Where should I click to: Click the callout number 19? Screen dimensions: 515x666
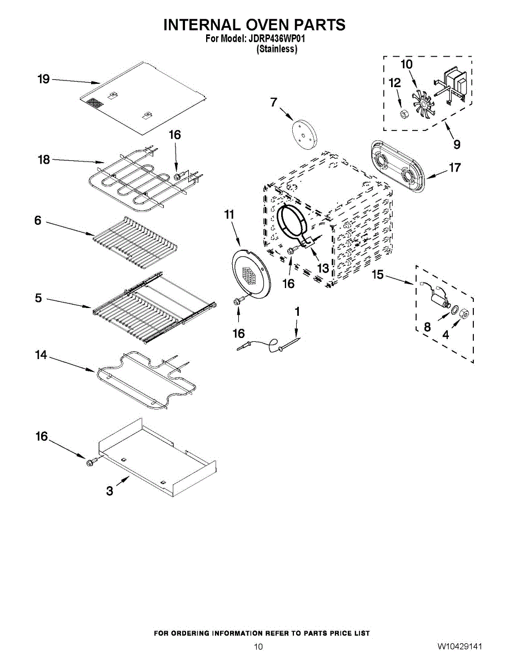coord(43,79)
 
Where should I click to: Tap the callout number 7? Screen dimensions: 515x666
coord(273,102)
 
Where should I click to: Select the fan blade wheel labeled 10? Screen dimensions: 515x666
coord(423,104)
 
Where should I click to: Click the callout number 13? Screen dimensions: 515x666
coord(323,268)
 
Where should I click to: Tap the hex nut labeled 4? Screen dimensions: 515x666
coord(464,313)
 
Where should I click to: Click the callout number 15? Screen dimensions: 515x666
coord(378,275)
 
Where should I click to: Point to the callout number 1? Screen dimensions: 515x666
coord(297,311)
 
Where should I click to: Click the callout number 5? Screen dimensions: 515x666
coord(38,298)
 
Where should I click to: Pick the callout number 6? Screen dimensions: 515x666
coord(38,220)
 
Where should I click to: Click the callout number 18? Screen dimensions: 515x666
coord(44,160)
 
